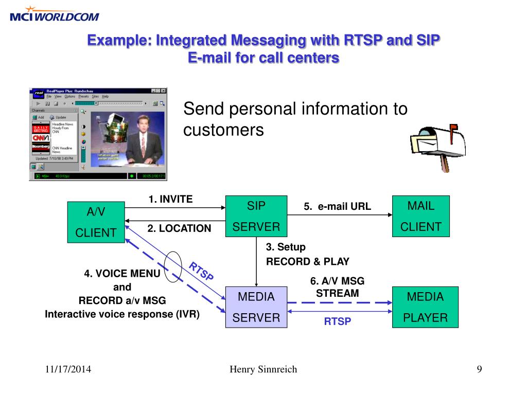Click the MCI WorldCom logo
pyautogui.click(x=54, y=14)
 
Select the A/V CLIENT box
pyautogui.click(x=96, y=222)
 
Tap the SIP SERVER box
pyautogui.click(x=256, y=216)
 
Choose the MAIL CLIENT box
pyautogui.click(x=420, y=216)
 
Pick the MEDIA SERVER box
pyautogui.click(x=256, y=307)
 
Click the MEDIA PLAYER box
pyautogui.click(x=425, y=307)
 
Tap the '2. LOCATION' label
pyautogui.click(x=179, y=228)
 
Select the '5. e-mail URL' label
pyautogui.click(x=337, y=207)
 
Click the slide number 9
pyautogui.click(x=479, y=369)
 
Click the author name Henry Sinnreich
pyautogui.click(x=263, y=369)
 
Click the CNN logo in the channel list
pyautogui.click(x=41, y=137)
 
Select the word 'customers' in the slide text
pyautogui.click(x=223, y=130)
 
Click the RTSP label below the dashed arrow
pyautogui.click(x=337, y=322)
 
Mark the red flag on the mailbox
pyautogui.click(x=453, y=127)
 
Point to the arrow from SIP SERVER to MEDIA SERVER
pyautogui.click(x=256, y=262)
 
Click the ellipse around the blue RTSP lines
pyautogui.click(x=173, y=264)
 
